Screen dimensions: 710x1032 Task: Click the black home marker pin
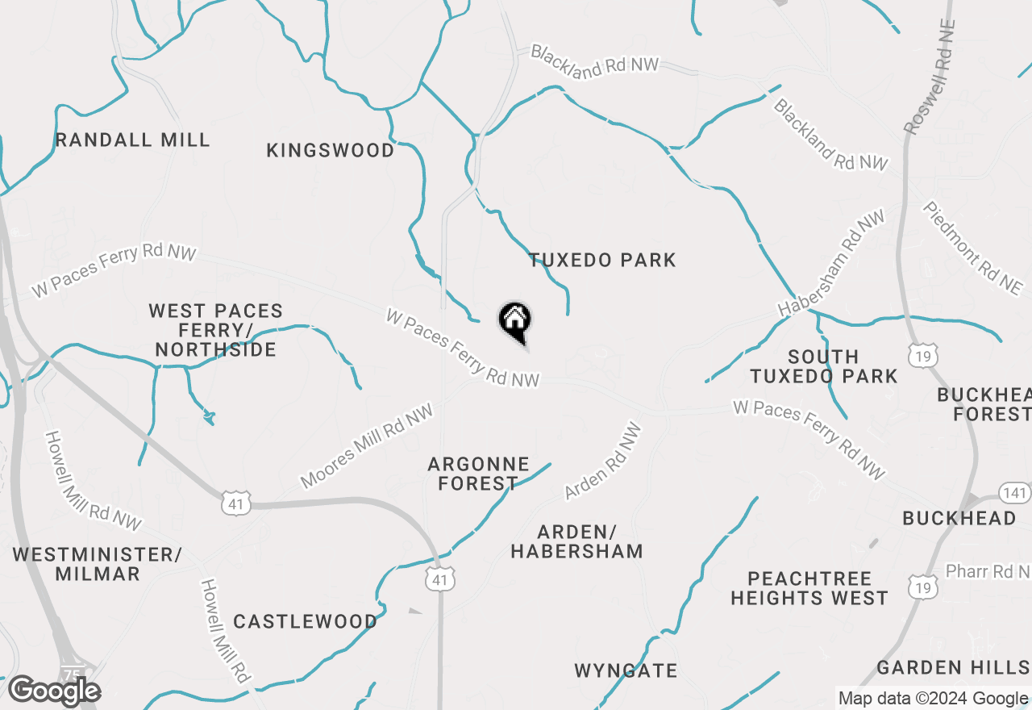pos(514,321)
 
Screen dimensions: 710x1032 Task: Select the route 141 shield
pos(1014,492)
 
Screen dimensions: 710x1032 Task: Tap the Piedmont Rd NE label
pos(973,248)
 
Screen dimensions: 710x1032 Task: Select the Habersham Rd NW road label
pos(831,262)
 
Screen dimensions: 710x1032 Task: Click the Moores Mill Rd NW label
pos(367,445)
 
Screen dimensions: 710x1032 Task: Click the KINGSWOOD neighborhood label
pos(331,150)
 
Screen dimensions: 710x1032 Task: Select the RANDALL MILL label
pos(133,140)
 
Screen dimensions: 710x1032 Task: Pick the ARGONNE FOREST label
pos(478,474)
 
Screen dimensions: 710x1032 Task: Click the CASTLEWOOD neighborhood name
pos(305,621)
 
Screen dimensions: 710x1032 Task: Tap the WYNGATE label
pos(626,670)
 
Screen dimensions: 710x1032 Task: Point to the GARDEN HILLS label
pos(952,667)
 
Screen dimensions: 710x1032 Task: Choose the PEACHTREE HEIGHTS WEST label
pos(809,588)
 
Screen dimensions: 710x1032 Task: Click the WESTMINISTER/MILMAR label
pos(98,564)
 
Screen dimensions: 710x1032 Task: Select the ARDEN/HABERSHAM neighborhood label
pos(577,541)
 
